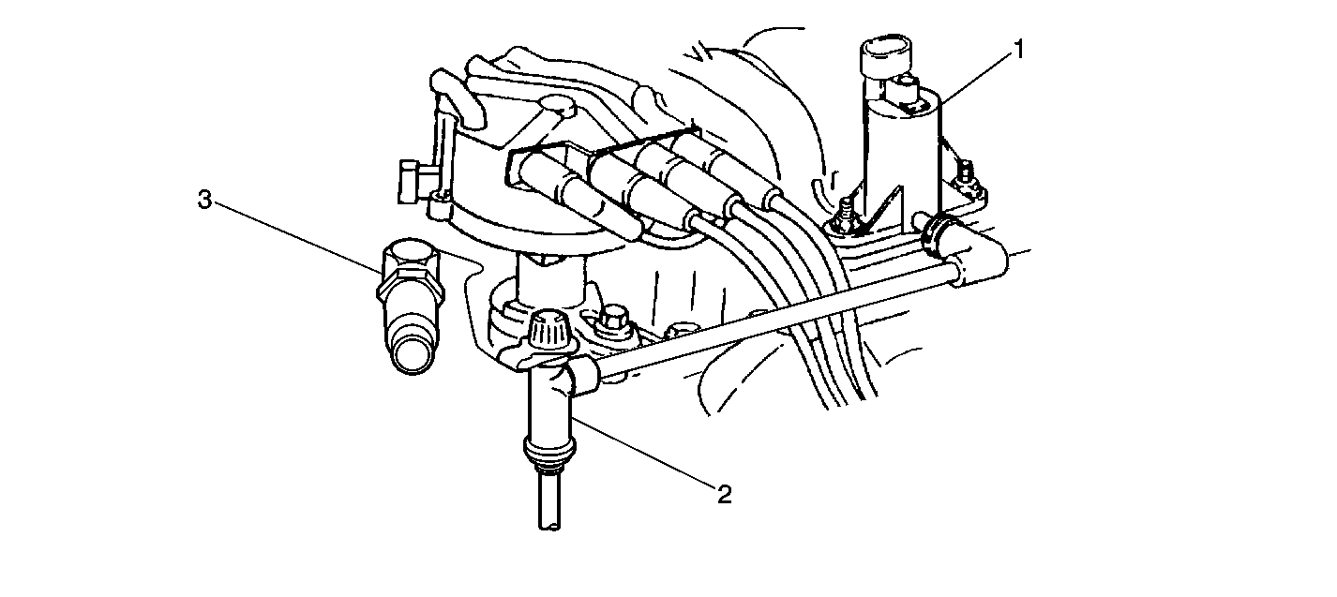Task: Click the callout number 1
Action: (x=1019, y=50)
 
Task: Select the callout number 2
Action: (x=724, y=495)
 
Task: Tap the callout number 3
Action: (x=204, y=200)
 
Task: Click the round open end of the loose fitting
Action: (x=413, y=357)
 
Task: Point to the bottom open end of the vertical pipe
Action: (x=549, y=526)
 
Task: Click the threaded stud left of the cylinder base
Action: (x=844, y=216)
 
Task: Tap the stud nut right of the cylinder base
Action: (x=966, y=178)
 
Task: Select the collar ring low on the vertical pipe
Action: (x=549, y=449)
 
